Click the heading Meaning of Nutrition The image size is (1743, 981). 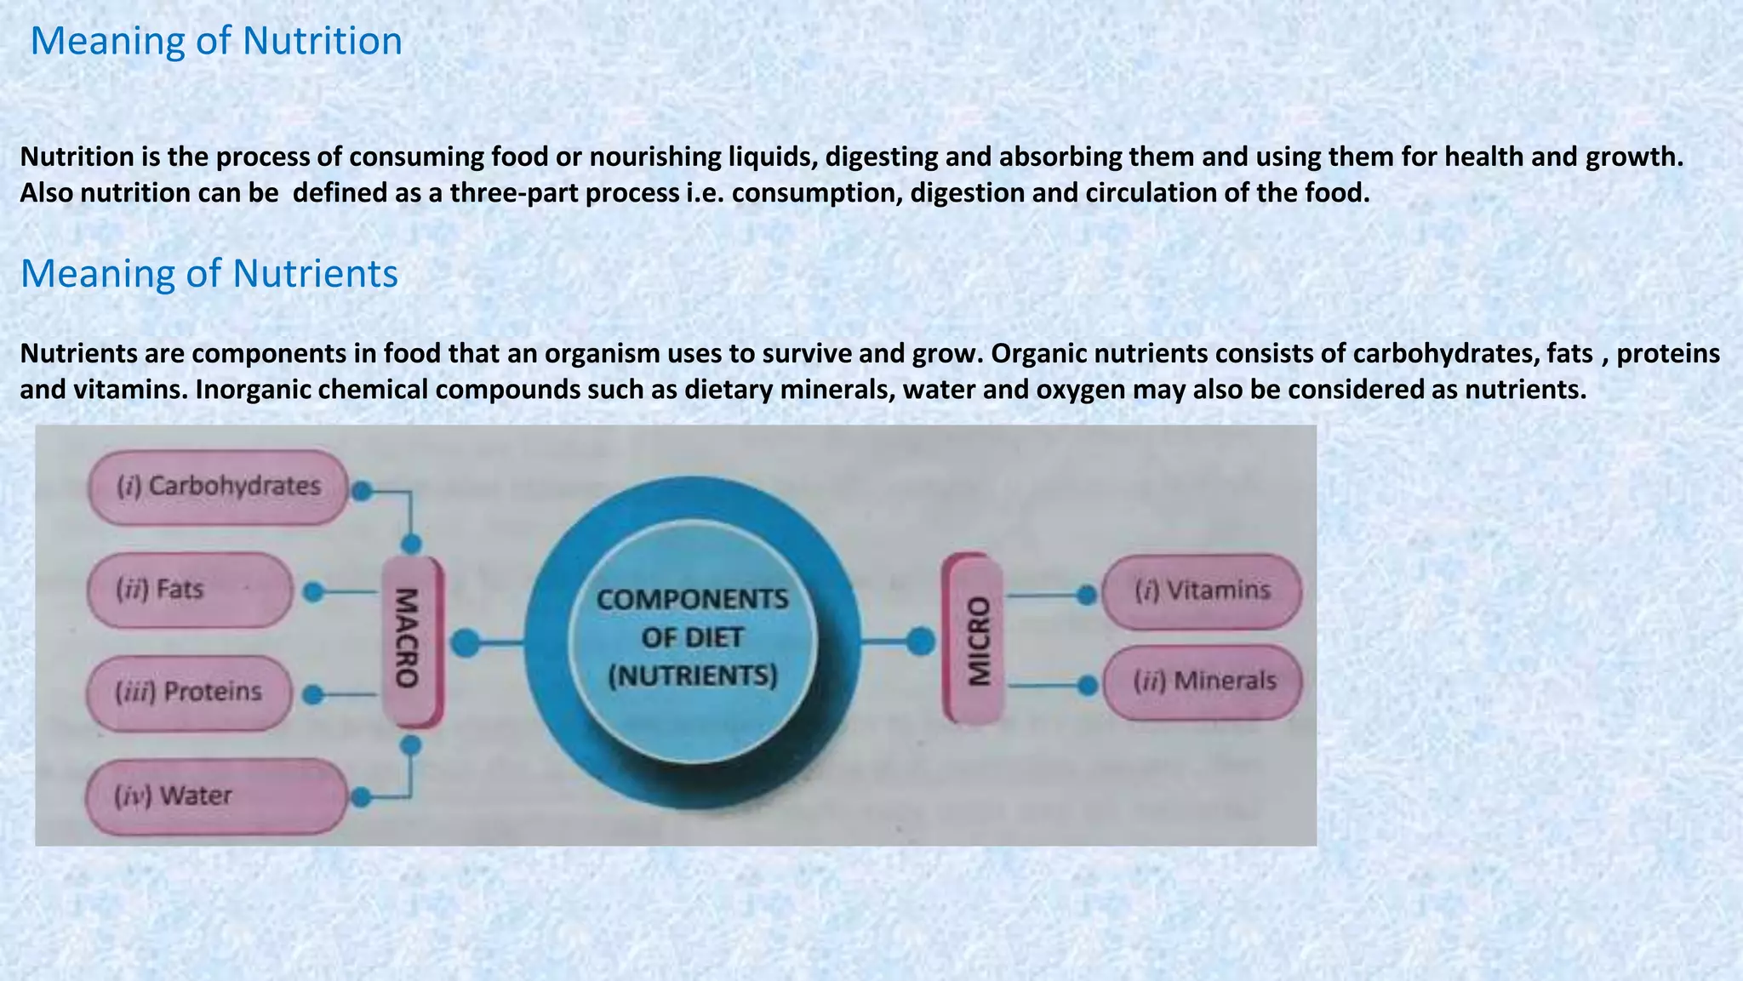(x=216, y=41)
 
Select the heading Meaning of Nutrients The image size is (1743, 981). (x=209, y=274)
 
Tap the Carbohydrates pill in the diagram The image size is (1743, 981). (x=218, y=487)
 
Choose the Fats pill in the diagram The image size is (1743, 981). (x=190, y=590)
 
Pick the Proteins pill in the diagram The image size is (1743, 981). (x=189, y=693)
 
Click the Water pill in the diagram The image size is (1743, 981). (x=216, y=796)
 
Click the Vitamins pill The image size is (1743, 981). (x=1202, y=591)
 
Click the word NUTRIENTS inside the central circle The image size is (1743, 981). (x=693, y=676)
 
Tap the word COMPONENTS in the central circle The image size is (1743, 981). (x=693, y=600)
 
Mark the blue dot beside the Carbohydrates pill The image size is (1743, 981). (x=362, y=491)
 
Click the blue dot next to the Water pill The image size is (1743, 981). (x=361, y=797)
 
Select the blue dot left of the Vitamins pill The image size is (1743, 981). (x=1086, y=596)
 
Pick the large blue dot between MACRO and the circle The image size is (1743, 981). (x=465, y=643)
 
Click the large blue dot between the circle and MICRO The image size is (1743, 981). (x=920, y=642)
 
